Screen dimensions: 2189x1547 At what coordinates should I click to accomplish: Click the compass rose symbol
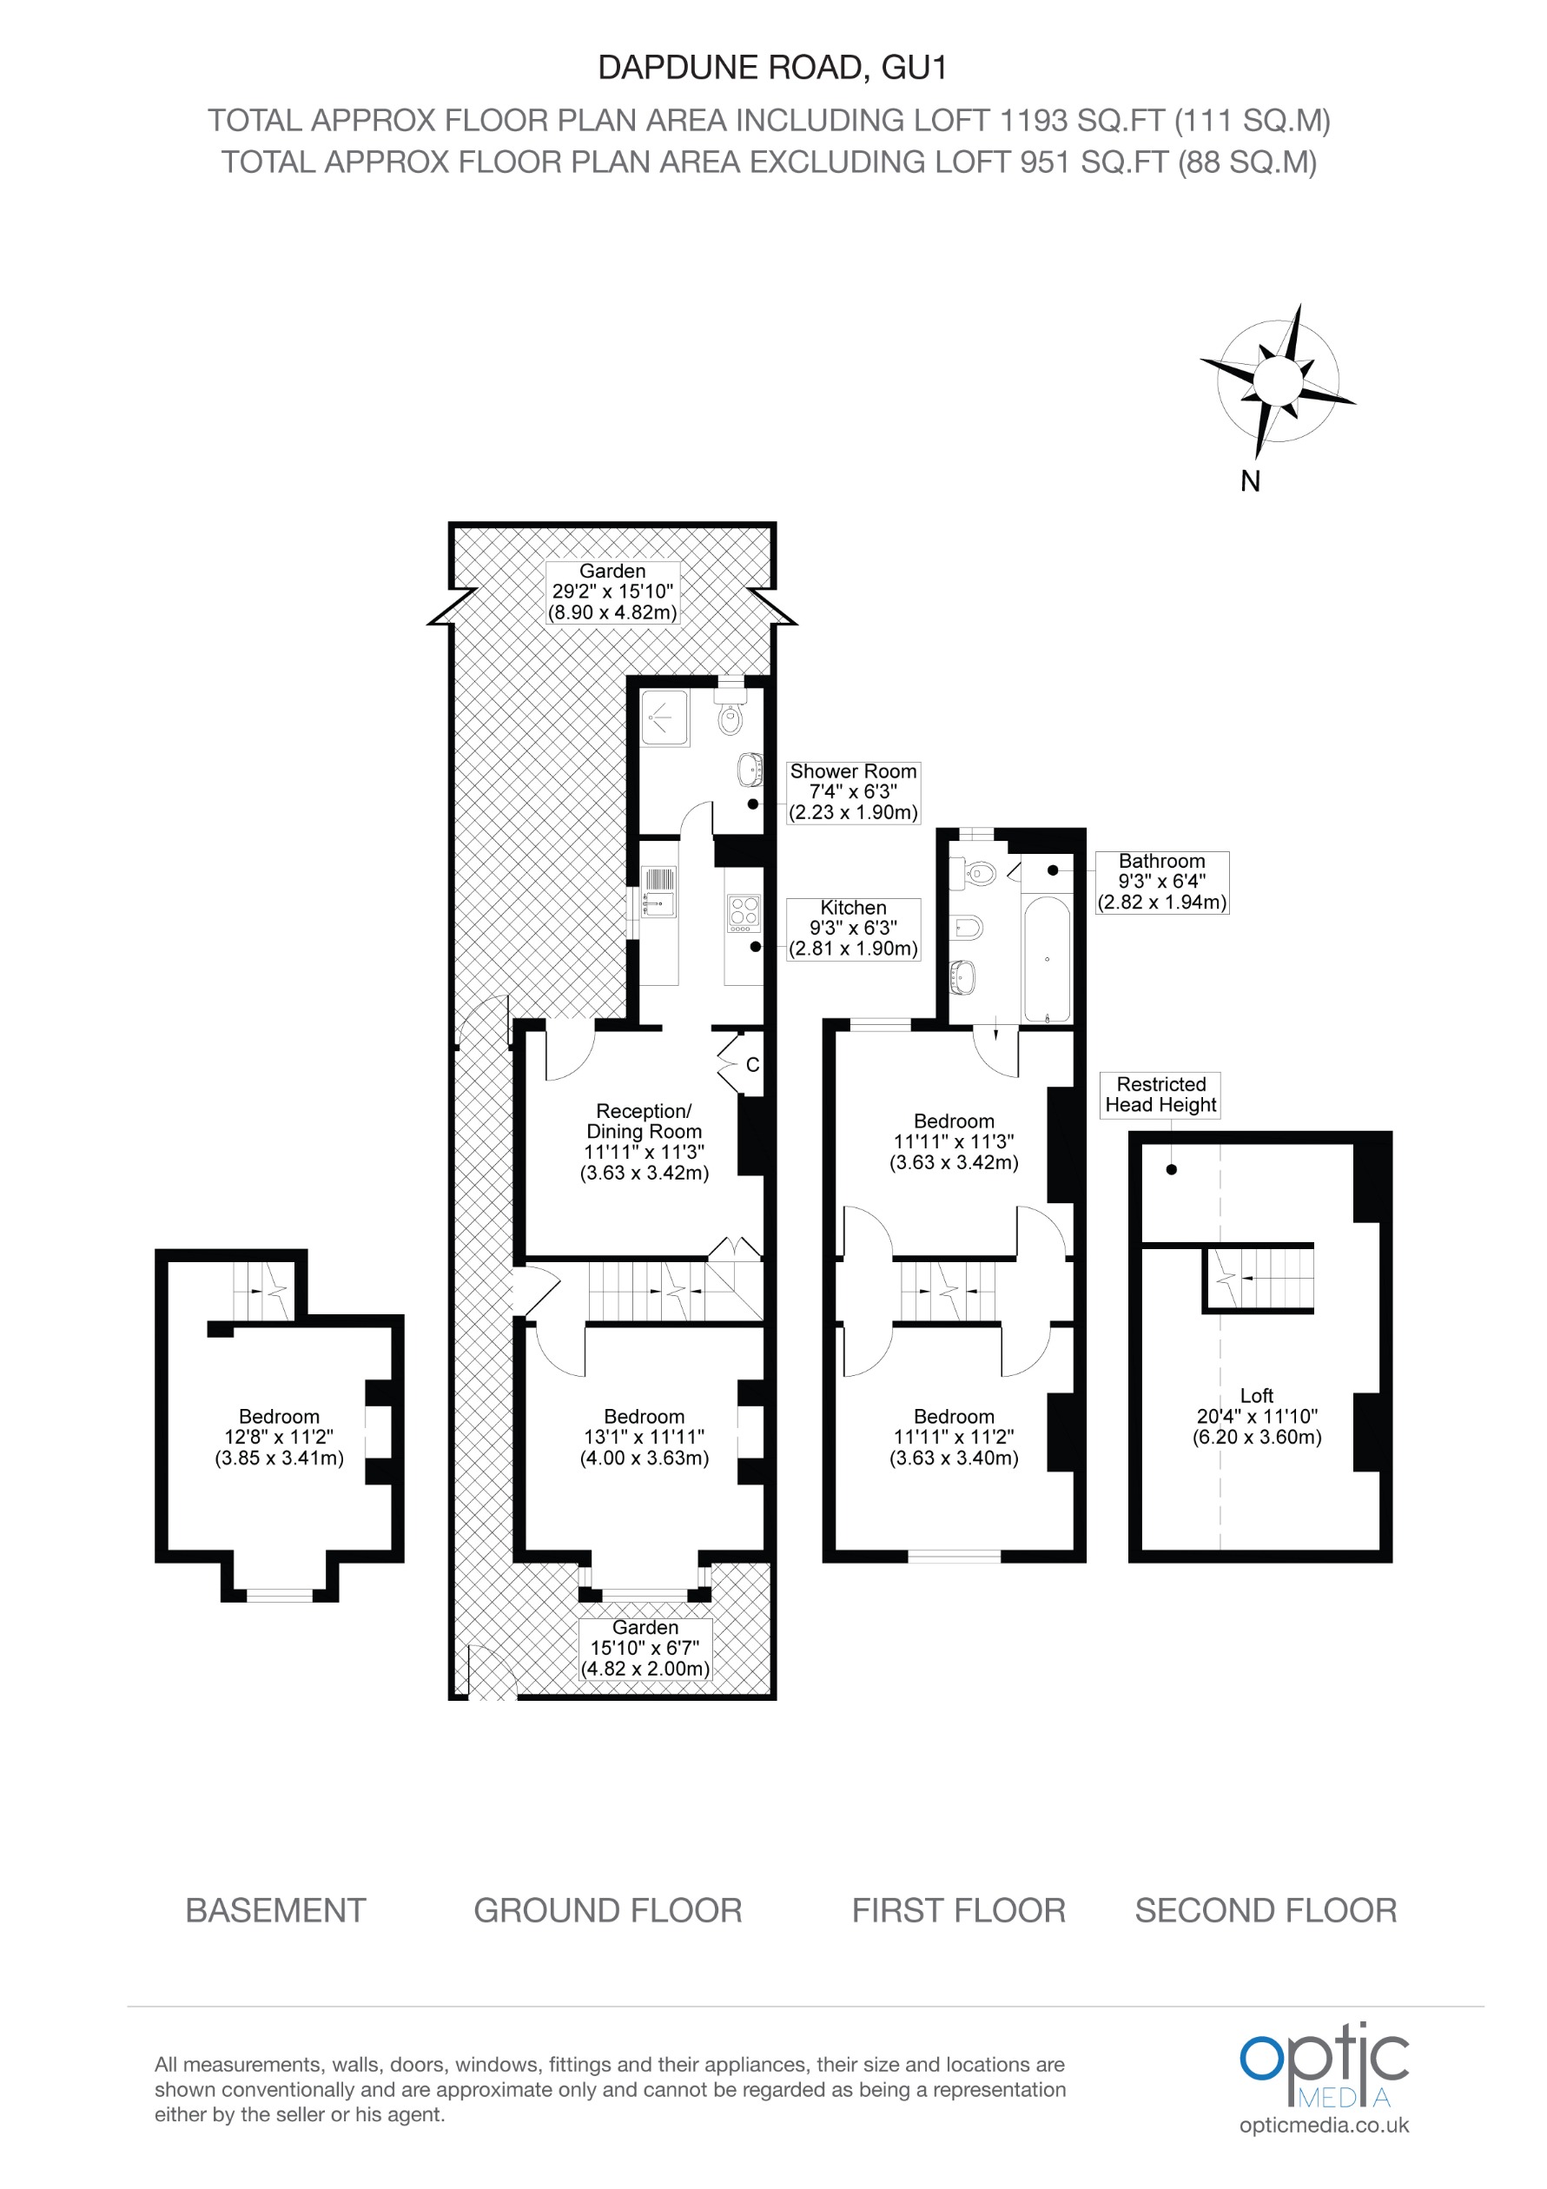click(1277, 380)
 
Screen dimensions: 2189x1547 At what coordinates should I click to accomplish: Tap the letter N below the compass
click(1250, 481)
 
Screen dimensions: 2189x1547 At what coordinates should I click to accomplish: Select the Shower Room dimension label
click(853, 791)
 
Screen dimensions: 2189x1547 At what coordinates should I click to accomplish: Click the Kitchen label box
click(853, 928)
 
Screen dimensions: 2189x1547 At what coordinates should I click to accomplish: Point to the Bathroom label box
click(1161, 882)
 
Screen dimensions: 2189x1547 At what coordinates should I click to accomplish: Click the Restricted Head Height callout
click(1160, 1094)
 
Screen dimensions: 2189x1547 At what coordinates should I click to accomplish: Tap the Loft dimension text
click(1256, 1416)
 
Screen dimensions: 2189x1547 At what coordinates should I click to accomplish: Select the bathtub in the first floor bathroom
click(1046, 958)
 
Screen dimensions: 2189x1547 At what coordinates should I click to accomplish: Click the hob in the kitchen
click(744, 912)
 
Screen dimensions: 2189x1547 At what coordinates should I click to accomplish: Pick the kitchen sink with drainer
click(658, 891)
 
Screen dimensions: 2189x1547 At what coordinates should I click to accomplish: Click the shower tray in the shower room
click(664, 718)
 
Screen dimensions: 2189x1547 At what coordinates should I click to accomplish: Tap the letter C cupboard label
click(752, 1064)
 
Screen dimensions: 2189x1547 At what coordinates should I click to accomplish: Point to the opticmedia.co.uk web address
click(1323, 2125)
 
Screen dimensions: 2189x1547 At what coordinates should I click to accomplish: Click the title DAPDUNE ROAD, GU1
click(772, 68)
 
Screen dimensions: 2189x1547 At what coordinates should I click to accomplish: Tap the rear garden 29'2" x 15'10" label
click(612, 591)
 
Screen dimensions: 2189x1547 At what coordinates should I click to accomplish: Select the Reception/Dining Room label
click(644, 1141)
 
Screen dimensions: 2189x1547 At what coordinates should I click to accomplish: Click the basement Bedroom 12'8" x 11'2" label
click(278, 1437)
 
